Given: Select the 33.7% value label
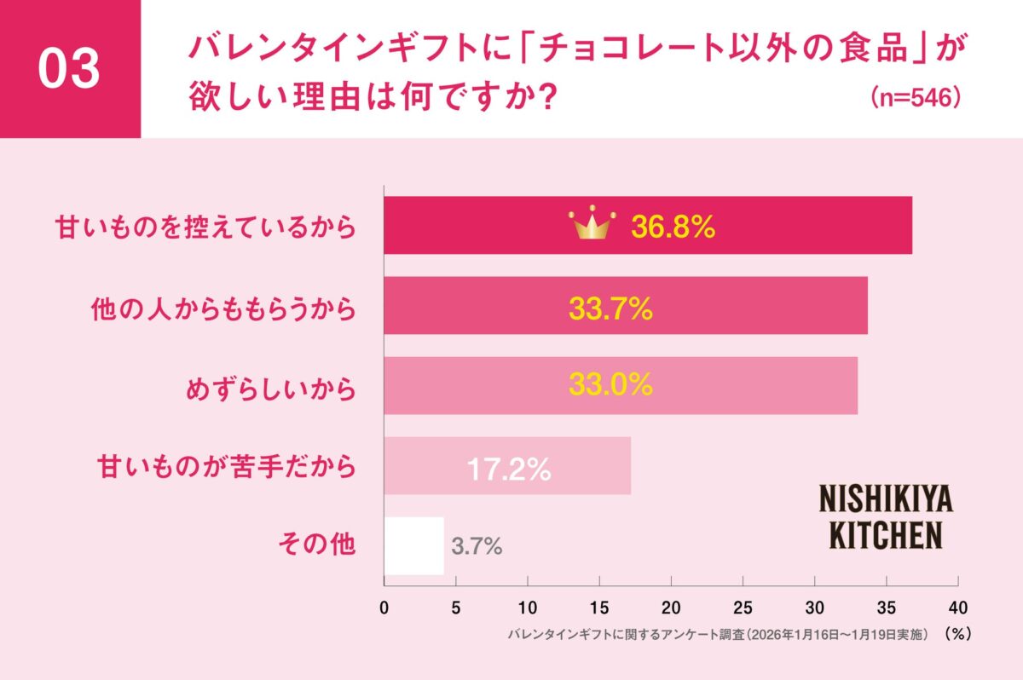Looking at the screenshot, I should pos(610,308).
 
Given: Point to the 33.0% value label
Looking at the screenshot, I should pos(610,386).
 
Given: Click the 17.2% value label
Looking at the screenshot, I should pos(508,468).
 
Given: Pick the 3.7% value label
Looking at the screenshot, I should pos(477,547).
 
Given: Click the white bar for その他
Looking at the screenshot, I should pos(414,546).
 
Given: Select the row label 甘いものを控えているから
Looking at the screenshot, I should pos(205,228).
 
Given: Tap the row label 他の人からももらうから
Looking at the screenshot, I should pos(223,308).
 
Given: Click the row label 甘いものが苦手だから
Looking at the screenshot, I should pos(223,467).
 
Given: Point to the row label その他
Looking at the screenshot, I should pos(316,545).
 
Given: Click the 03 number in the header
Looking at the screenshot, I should pos(69,70).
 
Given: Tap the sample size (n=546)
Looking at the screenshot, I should pos(916,96).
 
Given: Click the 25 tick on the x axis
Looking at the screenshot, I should pos(743,607).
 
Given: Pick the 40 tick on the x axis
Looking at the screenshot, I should pos(958,607).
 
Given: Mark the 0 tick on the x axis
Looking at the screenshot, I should pos(384,607).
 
